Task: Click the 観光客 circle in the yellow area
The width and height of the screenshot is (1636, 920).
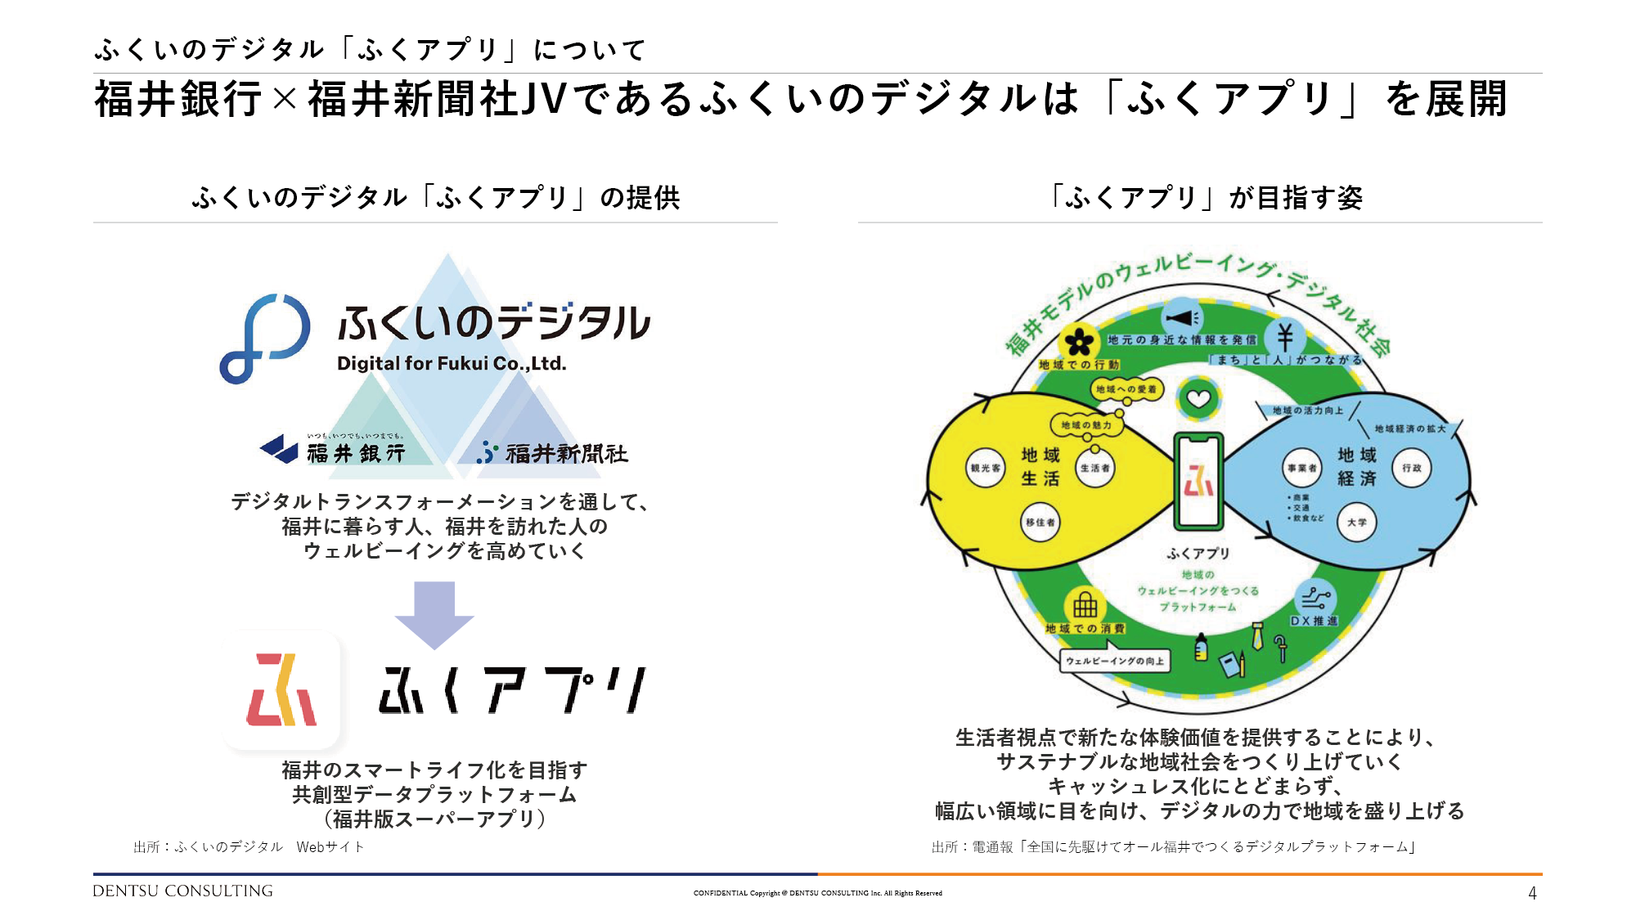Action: [x=985, y=469]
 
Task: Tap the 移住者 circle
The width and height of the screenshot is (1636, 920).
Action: [x=1040, y=523]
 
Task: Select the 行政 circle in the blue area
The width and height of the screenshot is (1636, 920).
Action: [x=1412, y=469]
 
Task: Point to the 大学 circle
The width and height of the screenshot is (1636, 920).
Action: [x=1357, y=523]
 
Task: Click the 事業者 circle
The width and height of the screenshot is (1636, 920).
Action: [x=1301, y=469]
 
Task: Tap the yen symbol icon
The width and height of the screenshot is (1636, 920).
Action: [x=1285, y=336]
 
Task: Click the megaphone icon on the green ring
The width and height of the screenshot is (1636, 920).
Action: [x=1182, y=318]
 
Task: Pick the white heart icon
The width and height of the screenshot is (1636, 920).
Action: [x=1198, y=399]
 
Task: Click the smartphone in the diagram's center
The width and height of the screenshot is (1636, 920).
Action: [x=1198, y=482]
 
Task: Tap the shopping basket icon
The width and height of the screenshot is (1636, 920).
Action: [x=1085, y=606]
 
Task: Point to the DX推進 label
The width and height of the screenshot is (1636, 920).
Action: [x=1314, y=622]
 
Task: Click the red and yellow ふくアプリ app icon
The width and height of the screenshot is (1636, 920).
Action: [x=282, y=689]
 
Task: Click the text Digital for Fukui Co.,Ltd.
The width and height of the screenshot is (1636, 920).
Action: [x=452, y=364]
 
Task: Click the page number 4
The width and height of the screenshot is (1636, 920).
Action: [x=1532, y=894]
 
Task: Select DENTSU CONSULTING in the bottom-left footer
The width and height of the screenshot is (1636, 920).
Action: [x=182, y=891]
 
